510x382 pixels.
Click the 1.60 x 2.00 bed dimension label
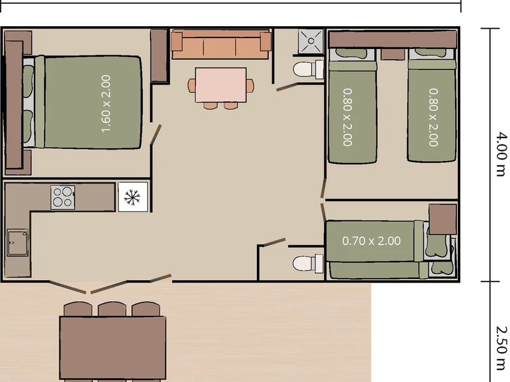106,104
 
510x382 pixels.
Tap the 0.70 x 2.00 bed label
372,241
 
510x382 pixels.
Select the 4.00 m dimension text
501,154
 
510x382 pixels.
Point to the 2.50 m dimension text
501,348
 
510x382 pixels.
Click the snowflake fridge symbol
133,197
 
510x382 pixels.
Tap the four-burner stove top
62,197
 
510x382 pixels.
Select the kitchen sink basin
17,243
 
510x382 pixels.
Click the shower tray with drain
310,41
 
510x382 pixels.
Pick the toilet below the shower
308,69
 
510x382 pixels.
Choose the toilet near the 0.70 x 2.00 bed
308,264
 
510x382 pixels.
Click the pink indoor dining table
221,85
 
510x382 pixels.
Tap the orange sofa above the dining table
221,44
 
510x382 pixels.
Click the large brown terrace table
113,348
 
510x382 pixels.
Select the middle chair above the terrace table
112,309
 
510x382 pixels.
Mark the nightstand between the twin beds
393,54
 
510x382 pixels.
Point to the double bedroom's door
156,134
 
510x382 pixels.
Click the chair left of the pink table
192,85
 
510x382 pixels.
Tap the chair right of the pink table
250,85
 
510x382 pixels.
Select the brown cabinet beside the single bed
442,219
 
